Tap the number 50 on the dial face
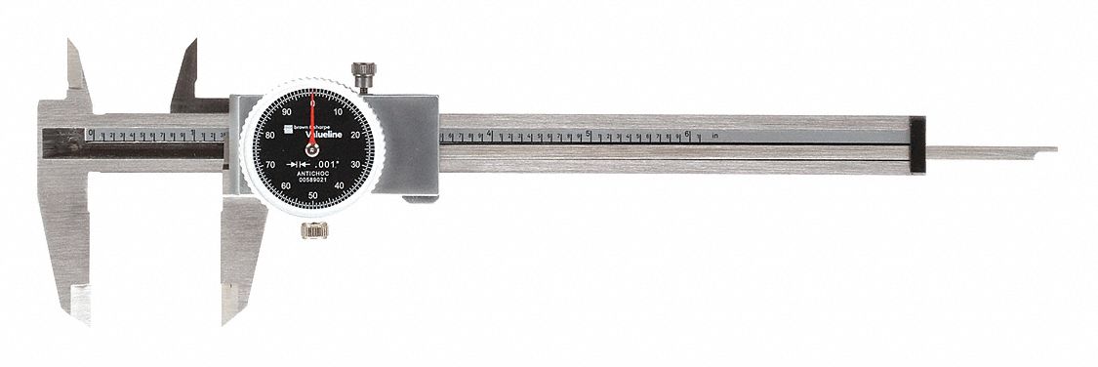pos(312,195)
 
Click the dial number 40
pos(339,184)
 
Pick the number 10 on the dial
pos(339,112)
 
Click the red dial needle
pos(312,122)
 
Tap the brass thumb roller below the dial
pos(313,231)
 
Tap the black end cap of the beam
pos(916,146)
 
